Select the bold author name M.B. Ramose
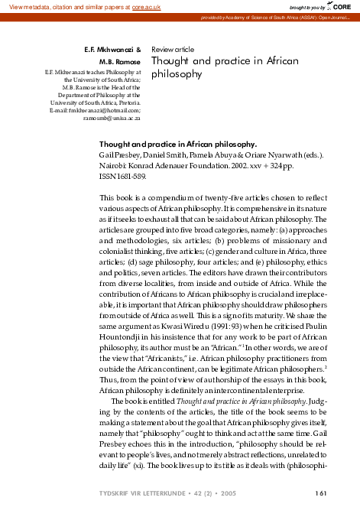tap(120, 61)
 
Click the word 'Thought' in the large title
tap(175, 61)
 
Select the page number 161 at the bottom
tap(321, 493)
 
